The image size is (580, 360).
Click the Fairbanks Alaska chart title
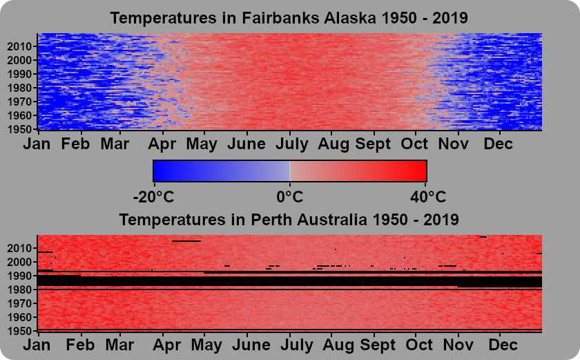289,18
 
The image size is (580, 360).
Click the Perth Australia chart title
289,220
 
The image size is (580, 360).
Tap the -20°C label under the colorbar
153,197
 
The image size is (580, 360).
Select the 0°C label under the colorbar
289,197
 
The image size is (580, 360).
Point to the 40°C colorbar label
428,197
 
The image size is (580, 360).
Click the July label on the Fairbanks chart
292,144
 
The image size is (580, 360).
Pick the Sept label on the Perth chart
378,345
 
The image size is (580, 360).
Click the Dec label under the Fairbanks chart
499,144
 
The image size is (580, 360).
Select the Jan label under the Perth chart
37,345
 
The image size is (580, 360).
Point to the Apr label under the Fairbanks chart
162,144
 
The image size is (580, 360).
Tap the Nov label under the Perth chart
458,345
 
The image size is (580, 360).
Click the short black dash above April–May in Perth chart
186,241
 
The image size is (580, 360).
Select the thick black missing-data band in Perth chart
289,281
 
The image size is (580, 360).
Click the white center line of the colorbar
289,171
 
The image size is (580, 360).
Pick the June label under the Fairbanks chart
246,144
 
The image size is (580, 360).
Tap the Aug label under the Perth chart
338,345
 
